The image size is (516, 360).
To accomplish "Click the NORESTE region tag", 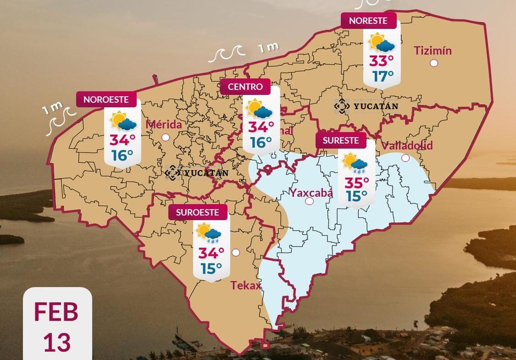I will (x=368, y=21).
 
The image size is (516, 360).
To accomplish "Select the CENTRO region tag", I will (x=245, y=87).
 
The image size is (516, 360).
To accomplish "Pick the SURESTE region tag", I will (x=341, y=141).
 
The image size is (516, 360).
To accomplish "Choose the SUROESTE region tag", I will (x=198, y=213).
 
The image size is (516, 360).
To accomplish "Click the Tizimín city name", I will (x=433, y=50).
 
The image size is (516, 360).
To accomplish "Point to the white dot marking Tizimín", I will (x=434, y=63).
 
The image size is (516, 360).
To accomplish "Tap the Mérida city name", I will (x=164, y=125).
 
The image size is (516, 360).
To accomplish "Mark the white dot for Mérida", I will (x=166, y=137).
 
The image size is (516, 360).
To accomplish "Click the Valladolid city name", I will (x=407, y=146).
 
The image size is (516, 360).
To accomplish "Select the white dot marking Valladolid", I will (x=405, y=158).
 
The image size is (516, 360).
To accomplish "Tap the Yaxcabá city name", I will (x=311, y=193).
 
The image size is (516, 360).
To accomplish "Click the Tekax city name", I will (x=246, y=286).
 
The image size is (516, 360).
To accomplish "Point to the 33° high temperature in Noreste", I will (x=382, y=60).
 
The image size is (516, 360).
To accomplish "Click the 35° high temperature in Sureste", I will (x=356, y=183).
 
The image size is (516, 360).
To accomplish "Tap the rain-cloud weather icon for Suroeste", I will (x=209, y=233).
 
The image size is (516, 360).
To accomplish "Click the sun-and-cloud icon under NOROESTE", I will (x=122, y=122).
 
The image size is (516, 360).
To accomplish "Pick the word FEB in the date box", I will (x=56, y=312).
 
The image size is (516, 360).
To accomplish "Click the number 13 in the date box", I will (x=57, y=342).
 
